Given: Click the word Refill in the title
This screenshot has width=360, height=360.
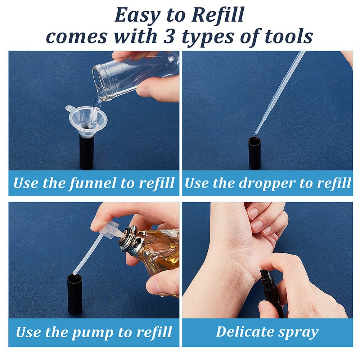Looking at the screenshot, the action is click(218, 15).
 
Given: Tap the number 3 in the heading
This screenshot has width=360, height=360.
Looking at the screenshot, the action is click(169, 36).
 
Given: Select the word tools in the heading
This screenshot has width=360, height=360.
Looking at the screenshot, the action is click(288, 36).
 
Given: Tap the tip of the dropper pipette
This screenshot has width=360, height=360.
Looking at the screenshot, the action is click(256, 134).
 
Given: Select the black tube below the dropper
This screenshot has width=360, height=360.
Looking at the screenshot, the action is click(255, 153).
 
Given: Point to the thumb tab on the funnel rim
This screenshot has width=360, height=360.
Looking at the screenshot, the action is click(69, 108).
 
